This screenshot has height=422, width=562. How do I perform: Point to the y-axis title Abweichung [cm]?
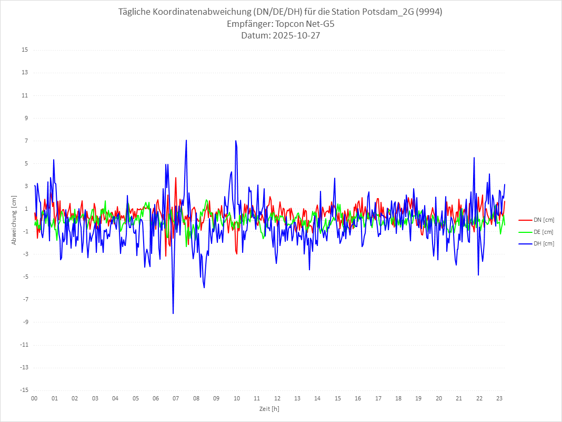[x=14, y=220]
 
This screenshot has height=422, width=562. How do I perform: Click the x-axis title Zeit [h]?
[x=269, y=408]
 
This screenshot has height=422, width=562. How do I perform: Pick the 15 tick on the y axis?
[x=25, y=50]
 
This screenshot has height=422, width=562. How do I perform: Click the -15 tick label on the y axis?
[x=24, y=390]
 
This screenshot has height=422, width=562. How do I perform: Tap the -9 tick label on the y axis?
[x=25, y=322]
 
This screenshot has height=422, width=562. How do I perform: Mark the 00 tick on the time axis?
[x=34, y=398]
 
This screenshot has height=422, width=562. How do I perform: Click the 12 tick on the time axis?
[x=277, y=398]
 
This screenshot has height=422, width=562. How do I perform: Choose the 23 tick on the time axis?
[x=500, y=398]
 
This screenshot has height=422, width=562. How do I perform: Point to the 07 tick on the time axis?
[x=176, y=398]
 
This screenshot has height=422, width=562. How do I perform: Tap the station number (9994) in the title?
[x=429, y=12]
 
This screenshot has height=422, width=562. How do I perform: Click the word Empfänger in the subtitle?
[x=246, y=24]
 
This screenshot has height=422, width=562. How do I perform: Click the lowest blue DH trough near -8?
[x=173, y=313]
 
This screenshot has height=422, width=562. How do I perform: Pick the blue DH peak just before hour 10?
[x=236, y=141]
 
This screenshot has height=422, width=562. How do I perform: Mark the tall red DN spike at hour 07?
[x=176, y=178]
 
